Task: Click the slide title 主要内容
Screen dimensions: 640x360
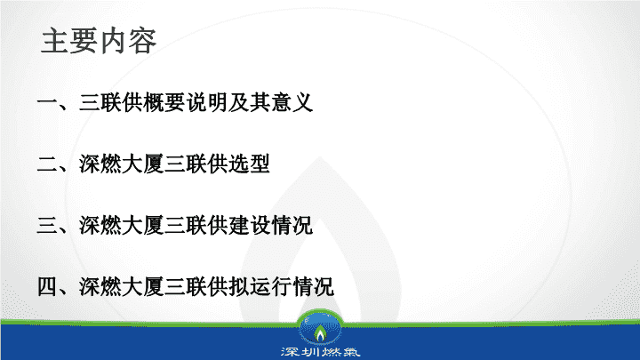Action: [99, 41]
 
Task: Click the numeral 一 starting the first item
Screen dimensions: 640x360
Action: [47, 102]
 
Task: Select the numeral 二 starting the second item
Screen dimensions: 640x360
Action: [47, 164]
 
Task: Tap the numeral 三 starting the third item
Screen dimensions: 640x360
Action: [47, 225]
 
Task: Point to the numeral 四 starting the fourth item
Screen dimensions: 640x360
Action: [47, 286]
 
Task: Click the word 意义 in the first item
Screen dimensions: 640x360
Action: [292, 102]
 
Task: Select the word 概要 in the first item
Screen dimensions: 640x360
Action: [164, 102]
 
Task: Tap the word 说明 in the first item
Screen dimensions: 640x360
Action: [206, 102]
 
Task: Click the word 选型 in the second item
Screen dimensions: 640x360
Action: [249, 164]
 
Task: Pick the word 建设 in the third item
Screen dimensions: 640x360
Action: [249, 225]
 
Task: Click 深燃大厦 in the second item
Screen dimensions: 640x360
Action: [121, 164]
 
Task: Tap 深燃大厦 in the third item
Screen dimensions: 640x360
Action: [121, 225]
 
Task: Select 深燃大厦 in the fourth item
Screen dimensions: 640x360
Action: [121, 286]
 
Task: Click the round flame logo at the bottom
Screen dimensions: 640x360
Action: [320, 330]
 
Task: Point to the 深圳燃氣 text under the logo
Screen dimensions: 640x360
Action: [320, 352]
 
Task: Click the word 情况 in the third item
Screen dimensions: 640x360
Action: [292, 225]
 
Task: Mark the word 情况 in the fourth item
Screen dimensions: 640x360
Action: [313, 286]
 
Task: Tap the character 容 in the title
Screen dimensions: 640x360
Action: [142, 41]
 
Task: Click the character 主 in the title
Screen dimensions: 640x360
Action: [55, 41]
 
